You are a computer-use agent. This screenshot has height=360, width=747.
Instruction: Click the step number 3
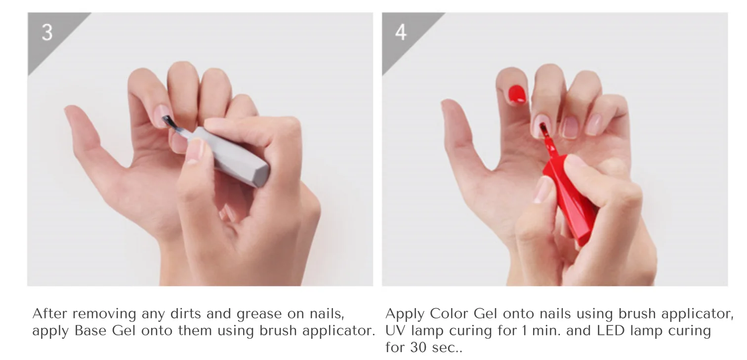pos(47,32)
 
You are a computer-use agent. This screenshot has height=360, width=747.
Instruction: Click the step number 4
pos(401,32)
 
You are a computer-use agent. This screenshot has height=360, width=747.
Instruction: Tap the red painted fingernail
pos(517,94)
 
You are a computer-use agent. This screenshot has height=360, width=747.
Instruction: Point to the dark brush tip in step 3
pos(169,121)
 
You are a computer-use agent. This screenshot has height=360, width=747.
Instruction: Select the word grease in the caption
pos(259,315)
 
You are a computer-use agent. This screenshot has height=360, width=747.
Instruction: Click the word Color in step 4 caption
pos(449,314)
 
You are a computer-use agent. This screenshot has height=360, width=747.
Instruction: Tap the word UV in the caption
pos(395,331)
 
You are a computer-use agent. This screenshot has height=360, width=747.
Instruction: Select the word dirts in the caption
pos(185,314)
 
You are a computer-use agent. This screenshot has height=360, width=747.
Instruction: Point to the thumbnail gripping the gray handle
pos(197,151)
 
